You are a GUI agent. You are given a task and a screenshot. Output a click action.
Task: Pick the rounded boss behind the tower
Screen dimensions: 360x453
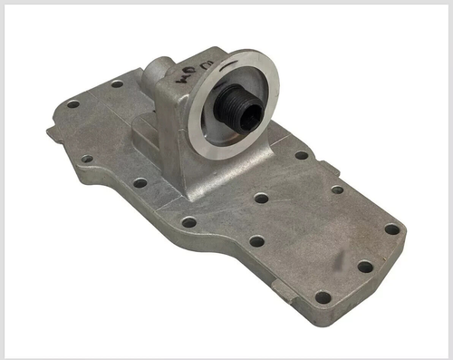(159, 68)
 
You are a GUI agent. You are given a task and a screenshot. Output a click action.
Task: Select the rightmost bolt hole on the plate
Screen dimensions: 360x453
(391, 229)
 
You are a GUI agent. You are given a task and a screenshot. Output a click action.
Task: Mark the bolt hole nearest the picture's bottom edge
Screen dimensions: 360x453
(323, 297)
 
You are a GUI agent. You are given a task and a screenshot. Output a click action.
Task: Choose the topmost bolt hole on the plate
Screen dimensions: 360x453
(117, 84)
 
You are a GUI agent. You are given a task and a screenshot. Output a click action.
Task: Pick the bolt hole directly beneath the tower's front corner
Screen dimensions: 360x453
(188, 221)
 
